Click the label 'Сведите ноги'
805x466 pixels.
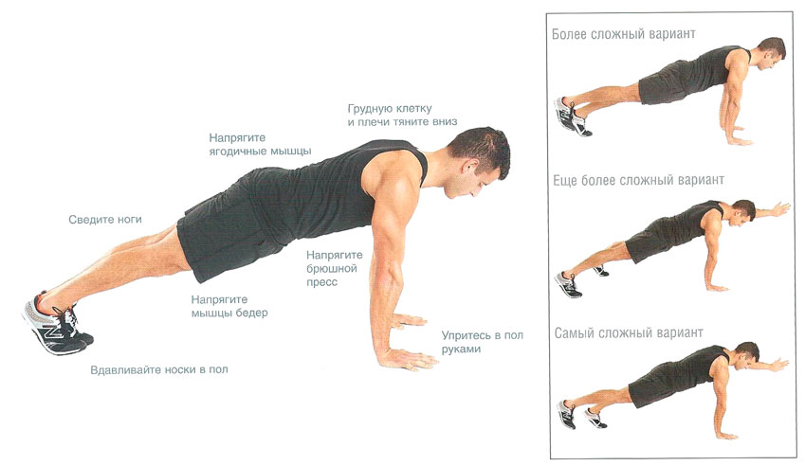pyautogui.click(x=105, y=220)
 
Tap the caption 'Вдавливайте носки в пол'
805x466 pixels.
pyautogui.click(x=159, y=369)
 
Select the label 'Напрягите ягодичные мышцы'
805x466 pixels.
pyautogui.click(x=261, y=145)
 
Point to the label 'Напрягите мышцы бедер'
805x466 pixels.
pyautogui.click(x=229, y=306)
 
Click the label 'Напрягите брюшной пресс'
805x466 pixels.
pyautogui.click(x=335, y=268)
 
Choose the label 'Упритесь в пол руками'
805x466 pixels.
pyautogui.click(x=483, y=342)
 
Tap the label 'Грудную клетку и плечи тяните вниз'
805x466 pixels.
pyautogui.click(x=402, y=116)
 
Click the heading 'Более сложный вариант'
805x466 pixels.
pyautogui.click(x=624, y=34)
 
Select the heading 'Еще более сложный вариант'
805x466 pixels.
pyautogui.click(x=639, y=181)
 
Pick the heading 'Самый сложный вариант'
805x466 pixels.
pyautogui.click(x=629, y=333)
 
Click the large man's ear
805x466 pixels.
pyautogui.click(x=468, y=167)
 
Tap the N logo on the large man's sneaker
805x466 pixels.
pyautogui.click(x=52, y=333)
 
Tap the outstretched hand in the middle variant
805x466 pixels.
pyautogui.click(x=779, y=209)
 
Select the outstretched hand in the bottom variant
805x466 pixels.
pyautogui.click(x=778, y=365)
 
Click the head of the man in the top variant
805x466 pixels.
pyautogui.click(x=771, y=52)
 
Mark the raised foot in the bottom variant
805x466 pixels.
pyautogui.click(x=595, y=419)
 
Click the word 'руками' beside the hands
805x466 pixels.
pyautogui.click(x=462, y=349)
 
